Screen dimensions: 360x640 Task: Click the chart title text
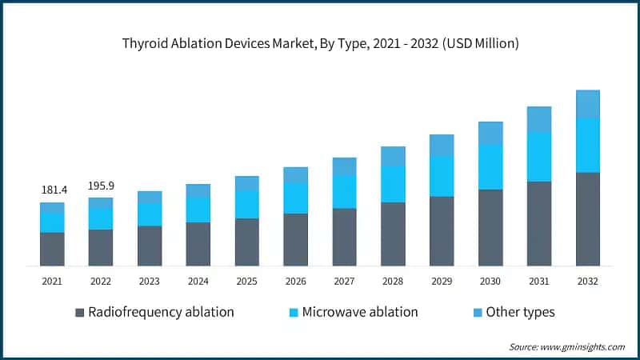[320, 43]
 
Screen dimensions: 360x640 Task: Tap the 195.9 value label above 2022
[101, 186]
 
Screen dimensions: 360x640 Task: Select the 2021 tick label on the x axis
[52, 281]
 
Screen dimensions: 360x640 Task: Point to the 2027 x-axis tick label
[344, 281]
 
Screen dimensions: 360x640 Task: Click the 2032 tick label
[588, 281]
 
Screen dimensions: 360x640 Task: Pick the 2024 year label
[198, 281]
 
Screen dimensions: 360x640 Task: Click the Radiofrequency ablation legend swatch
[79, 312]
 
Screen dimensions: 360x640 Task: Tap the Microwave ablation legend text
[359, 312]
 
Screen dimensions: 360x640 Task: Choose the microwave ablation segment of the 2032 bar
[588, 145]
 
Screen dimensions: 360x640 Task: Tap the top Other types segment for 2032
[588, 104]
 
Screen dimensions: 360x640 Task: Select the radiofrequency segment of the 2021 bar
[52, 249]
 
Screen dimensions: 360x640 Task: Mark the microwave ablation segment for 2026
[295, 198]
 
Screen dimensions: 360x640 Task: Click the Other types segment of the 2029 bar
[442, 145]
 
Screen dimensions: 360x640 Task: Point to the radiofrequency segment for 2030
[490, 227]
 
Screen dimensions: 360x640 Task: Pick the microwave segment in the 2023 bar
[150, 214]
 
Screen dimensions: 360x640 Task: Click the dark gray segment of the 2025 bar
[246, 242]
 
